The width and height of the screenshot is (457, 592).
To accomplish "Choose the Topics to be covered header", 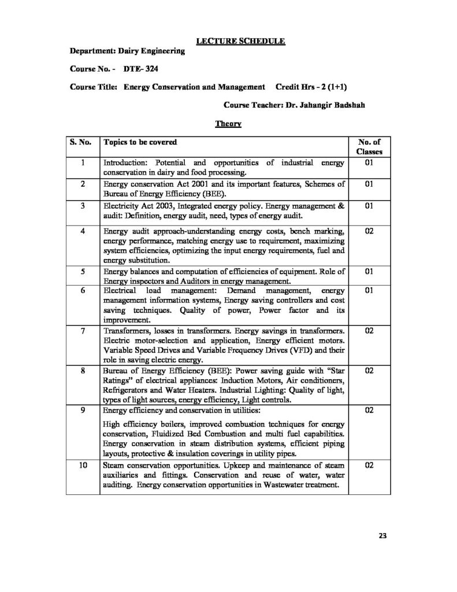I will click(x=139, y=142).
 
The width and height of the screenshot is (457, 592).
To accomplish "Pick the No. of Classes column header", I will click(x=369, y=146).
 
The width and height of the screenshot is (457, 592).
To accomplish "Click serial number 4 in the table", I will click(x=83, y=231).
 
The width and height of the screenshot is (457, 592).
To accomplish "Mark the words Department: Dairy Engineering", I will click(x=127, y=51).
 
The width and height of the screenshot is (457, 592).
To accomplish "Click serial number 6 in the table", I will click(x=83, y=290).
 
